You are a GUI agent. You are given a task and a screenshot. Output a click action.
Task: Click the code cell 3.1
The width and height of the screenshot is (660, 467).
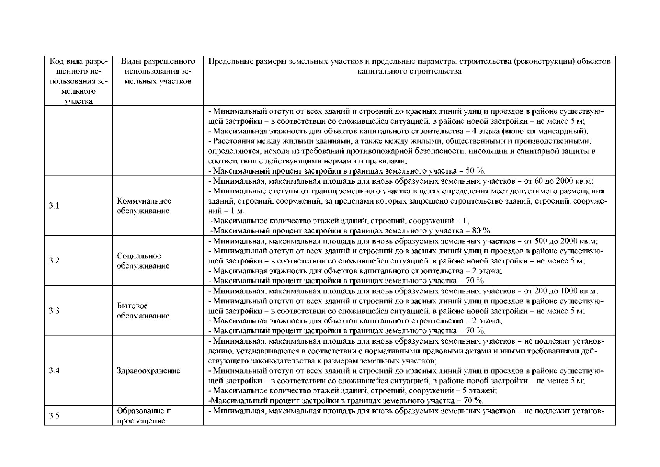pyautogui.click(x=54, y=206)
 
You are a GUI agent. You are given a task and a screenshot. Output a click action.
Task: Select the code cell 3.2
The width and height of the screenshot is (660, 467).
pyautogui.click(x=54, y=261)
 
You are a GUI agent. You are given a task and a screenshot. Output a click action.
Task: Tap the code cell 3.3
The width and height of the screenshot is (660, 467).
pyautogui.click(x=54, y=311)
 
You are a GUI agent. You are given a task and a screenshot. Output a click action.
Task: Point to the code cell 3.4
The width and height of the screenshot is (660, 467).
pyautogui.click(x=54, y=370)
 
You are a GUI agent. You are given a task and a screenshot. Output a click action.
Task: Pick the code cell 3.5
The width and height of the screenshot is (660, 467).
pyautogui.click(x=54, y=416)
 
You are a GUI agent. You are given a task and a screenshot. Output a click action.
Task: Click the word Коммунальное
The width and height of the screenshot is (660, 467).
pyautogui.click(x=144, y=201)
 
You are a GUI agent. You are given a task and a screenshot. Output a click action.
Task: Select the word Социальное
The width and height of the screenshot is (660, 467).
pyautogui.click(x=139, y=256)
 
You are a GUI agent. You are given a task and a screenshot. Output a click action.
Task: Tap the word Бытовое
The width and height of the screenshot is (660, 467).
pyautogui.click(x=132, y=306)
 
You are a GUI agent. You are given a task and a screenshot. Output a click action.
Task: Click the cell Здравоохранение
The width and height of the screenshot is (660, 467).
pyautogui.click(x=148, y=370)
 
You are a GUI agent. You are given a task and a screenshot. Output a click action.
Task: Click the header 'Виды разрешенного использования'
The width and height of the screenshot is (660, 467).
pyautogui.click(x=158, y=72)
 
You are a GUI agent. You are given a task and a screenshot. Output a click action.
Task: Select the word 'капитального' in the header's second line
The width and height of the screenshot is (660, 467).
pyautogui.click(x=378, y=72)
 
